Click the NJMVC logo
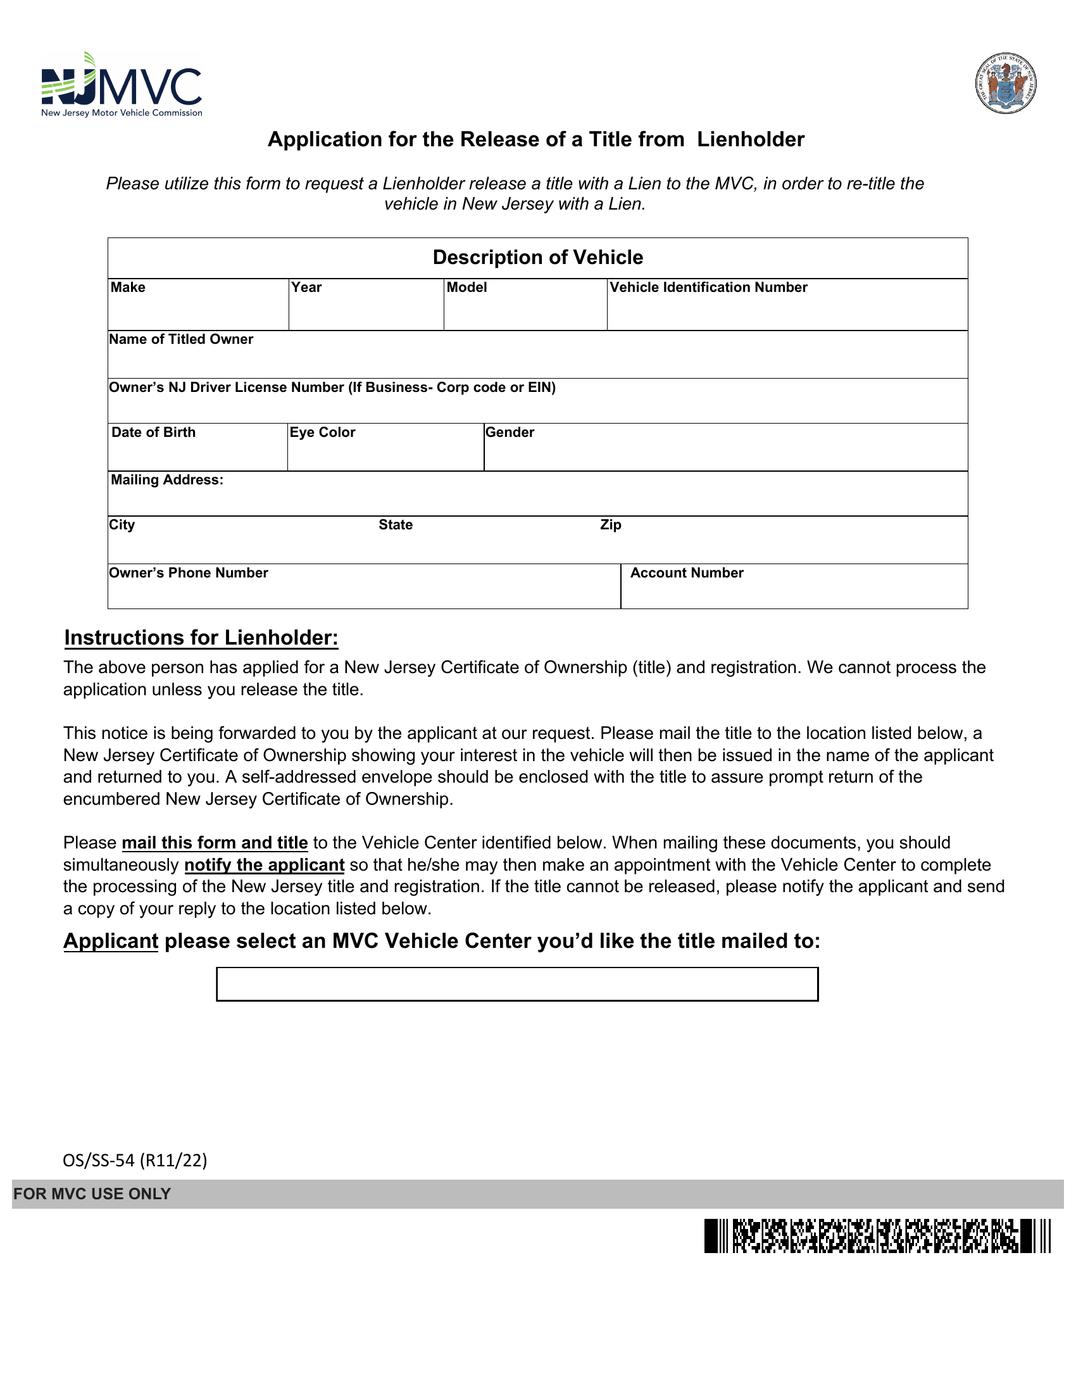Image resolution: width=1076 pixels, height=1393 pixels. [x=121, y=85]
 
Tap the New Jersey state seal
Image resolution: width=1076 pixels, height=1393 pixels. [x=1005, y=84]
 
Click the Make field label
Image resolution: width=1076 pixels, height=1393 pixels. [x=128, y=287]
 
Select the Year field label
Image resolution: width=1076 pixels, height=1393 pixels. [x=306, y=287]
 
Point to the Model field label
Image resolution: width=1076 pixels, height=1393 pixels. [x=466, y=287]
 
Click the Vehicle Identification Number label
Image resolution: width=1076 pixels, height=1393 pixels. [x=708, y=287]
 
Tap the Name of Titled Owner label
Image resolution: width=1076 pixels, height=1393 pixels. [x=181, y=339]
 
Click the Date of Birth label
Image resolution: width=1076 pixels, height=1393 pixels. [x=154, y=432]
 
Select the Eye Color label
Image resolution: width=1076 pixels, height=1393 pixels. [x=323, y=432]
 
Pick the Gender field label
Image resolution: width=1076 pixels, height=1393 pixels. [x=510, y=432]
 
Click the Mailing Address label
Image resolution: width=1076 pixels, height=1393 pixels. [x=167, y=481]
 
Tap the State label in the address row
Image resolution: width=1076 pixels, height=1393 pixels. [x=395, y=525]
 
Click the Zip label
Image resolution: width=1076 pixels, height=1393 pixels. [x=611, y=525]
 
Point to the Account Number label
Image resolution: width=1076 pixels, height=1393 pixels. [x=687, y=574]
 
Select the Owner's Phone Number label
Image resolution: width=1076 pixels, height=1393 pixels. [x=189, y=574]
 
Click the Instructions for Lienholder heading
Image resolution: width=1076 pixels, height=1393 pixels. [x=201, y=638]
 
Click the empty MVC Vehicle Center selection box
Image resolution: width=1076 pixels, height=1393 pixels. [x=517, y=984]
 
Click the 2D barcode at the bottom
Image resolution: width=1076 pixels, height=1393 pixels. [x=877, y=1236]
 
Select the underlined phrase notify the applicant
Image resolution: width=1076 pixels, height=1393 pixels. [x=265, y=865]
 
